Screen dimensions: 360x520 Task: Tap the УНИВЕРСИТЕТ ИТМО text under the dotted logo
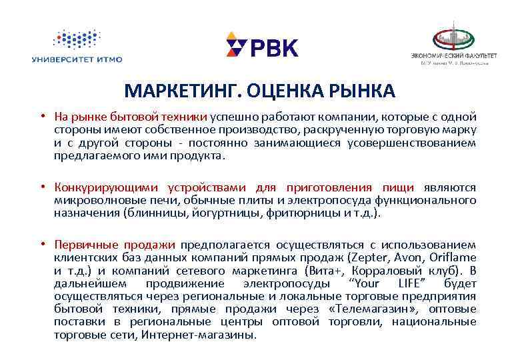coord(77,60)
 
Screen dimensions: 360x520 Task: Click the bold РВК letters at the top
coord(274,48)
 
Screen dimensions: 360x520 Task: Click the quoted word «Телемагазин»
coord(357,309)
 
